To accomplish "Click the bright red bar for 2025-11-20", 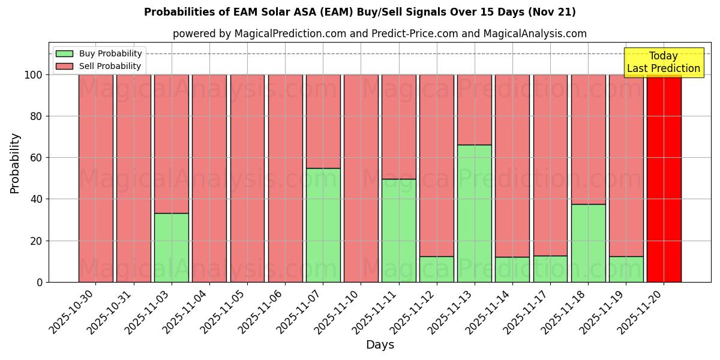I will pyautogui.click(x=664, y=178).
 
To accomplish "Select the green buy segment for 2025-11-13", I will pyautogui.click(x=475, y=213).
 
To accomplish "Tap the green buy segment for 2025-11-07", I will pyautogui.click(x=323, y=225).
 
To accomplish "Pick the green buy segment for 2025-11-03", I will pyautogui.click(x=172, y=247).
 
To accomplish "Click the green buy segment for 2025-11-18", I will pyautogui.click(x=588, y=243).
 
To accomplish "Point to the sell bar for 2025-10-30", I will pyautogui.click(x=96, y=178).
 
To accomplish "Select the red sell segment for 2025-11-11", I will pyautogui.click(x=399, y=127).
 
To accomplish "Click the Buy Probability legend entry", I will pyautogui.click(x=99, y=53).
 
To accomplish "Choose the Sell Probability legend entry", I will pyautogui.click(x=99, y=66).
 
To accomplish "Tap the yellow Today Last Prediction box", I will pyautogui.click(x=664, y=62).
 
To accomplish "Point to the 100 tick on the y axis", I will pyautogui.click(x=34, y=75).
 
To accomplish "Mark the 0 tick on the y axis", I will pyautogui.click(x=40, y=282).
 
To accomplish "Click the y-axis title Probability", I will pyautogui.click(x=15, y=163).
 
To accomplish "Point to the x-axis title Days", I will pyautogui.click(x=380, y=345).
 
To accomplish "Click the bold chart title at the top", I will pyautogui.click(x=360, y=12).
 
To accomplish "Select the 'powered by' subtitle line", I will pyautogui.click(x=380, y=34).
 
